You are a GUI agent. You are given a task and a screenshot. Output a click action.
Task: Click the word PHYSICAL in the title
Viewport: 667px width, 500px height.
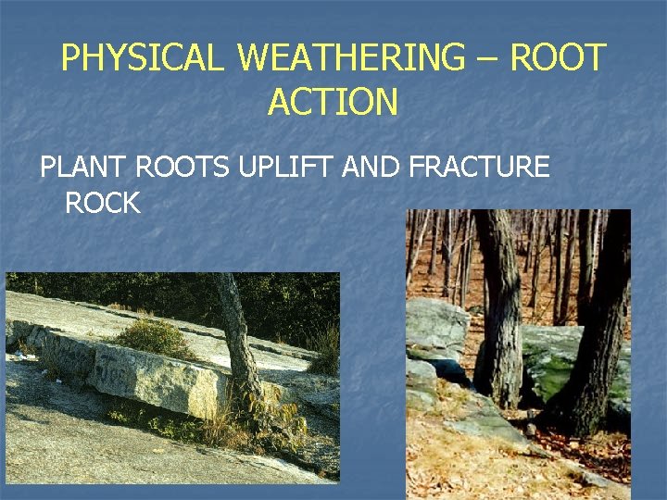pyautogui.click(x=142, y=58)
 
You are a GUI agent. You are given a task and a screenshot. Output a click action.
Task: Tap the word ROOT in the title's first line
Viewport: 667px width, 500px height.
pyautogui.click(x=559, y=58)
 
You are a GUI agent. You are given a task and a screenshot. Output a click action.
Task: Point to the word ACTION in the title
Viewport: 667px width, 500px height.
pyautogui.click(x=333, y=102)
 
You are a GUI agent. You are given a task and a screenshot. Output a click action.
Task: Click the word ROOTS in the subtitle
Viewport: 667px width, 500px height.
pyautogui.click(x=182, y=168)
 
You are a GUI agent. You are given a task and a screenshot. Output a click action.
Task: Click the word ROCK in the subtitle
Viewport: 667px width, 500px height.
pyautogui.click(x=102, y=203)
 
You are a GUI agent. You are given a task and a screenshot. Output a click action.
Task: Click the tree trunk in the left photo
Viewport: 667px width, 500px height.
pyautogui.click(x=235, y=333)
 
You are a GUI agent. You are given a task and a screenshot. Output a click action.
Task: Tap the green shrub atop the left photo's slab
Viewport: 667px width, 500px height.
pyautogui.click(x=153, y=336)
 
